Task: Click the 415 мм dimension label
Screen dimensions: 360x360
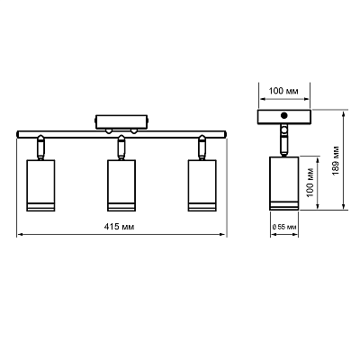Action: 119,227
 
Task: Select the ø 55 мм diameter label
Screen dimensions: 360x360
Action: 284,227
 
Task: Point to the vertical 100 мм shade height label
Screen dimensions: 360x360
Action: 310,182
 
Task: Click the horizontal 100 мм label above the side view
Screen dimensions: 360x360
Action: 283,91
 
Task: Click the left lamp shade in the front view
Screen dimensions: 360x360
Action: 40,185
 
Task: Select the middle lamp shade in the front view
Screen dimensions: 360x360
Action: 121,185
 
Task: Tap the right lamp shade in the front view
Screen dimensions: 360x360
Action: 202,185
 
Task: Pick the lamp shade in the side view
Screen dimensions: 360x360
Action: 284,183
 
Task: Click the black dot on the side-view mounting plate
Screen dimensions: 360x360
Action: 283,115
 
